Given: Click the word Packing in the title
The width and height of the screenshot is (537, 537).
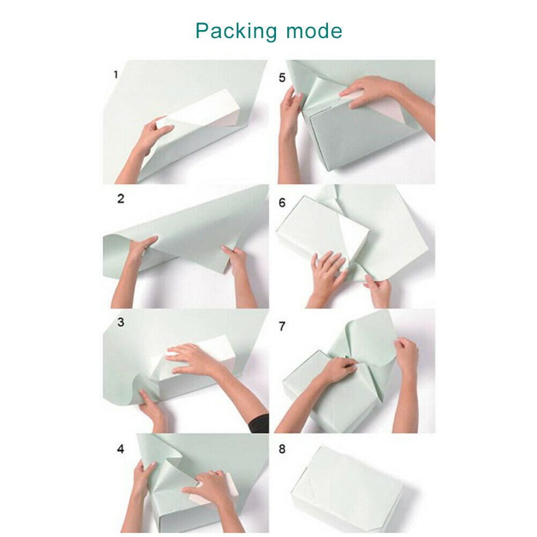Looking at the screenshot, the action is click(x=236, y=32).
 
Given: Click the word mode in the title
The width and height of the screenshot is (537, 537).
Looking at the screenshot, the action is click(x=314, y=31).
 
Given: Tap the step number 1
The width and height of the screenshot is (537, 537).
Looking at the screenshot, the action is click(x=116, y=74).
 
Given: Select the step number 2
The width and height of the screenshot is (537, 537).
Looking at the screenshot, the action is click(x=121, y=199).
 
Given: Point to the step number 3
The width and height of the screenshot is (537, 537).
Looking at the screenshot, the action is click(x=121, y=322).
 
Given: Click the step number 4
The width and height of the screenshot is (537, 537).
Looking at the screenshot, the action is click(x=121, y=449).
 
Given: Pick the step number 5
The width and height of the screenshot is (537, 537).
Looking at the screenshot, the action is click(x=282, y=78).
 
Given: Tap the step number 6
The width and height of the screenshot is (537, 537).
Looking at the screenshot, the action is click(x=282, y=203).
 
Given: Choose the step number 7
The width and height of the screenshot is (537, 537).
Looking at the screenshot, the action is click(x=282, y=326).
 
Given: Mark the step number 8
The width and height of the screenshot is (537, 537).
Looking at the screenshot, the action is click(x=282, y=449).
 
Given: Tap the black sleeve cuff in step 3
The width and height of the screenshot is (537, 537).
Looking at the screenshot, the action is click(x=259, y=423).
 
